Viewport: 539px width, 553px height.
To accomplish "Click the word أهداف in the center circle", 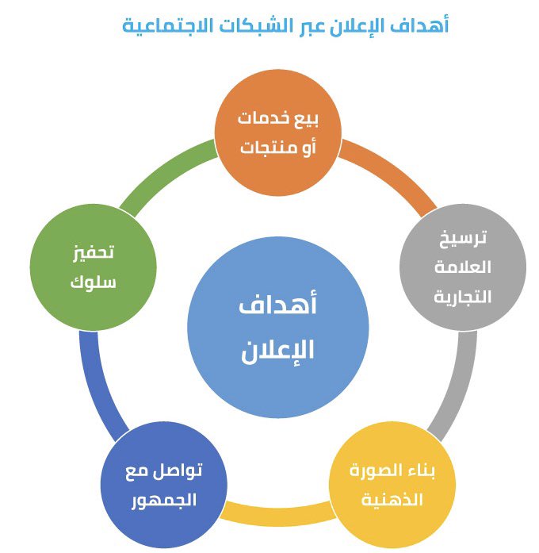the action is point(278,306).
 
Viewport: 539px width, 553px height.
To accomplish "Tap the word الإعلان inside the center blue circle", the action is point(278,350).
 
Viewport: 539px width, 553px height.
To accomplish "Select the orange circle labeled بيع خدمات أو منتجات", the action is point(278,134).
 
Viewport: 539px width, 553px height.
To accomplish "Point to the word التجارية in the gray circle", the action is point(463,297).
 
